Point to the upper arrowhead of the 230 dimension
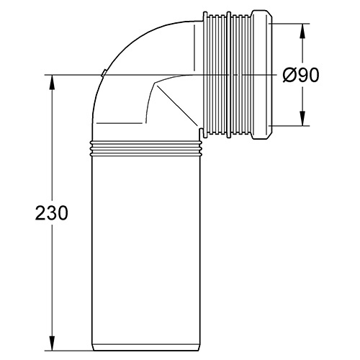tap(51, 81)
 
